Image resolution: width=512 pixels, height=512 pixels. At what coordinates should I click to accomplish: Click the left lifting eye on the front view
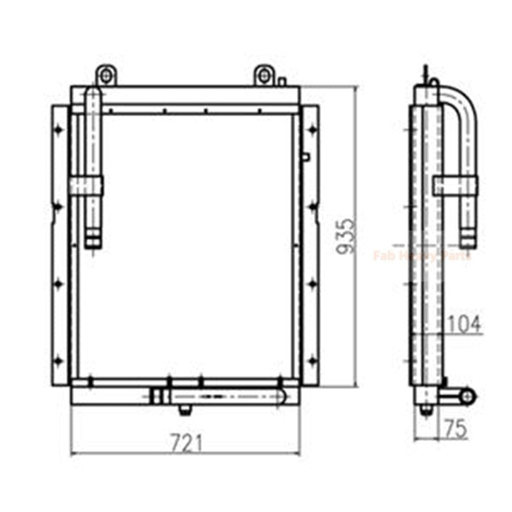[x=106, y=76]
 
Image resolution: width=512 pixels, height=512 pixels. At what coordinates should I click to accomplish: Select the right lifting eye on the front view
[x=264, y=76]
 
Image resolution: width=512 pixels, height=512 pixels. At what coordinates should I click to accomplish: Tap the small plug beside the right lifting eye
[x=282, y=81]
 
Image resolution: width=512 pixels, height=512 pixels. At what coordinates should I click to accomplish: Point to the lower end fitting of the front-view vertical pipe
[x=93, y=241]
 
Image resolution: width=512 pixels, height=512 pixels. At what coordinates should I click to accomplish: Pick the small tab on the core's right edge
[x=305, y=156]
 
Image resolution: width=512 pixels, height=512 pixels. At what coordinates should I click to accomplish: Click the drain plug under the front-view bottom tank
[x=185, y=409]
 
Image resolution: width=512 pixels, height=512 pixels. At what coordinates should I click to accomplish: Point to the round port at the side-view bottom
[x=468, y=396]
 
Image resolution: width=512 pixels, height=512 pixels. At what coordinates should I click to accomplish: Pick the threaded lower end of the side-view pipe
[x=468, y=241]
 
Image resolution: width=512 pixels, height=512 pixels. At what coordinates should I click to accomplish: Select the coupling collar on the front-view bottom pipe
[x=157, y=396]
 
